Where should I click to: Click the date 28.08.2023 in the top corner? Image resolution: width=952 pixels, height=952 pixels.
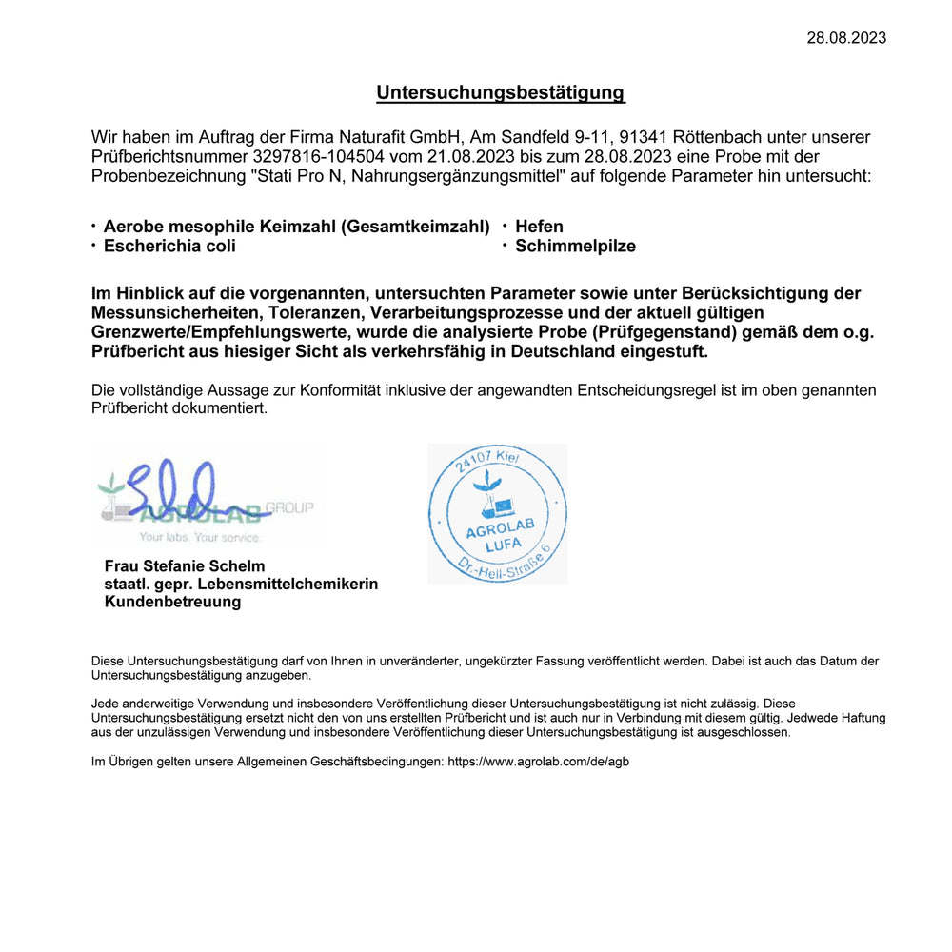[x=846, y=38]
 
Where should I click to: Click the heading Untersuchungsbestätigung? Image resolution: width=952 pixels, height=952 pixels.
[x=500, y=92]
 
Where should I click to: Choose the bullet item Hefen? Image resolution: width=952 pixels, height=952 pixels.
[x=539, y=227]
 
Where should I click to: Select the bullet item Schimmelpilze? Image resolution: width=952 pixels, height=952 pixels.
[x=575, y=247]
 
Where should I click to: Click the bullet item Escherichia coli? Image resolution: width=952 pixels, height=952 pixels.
[x=169, y=247]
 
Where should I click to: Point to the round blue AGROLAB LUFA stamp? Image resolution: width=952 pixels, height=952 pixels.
[x=497, y=514]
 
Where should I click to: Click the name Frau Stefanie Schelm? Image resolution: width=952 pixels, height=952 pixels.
[x=185, y=566]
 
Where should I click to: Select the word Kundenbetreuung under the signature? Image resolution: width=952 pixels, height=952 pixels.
[x=172, y=602]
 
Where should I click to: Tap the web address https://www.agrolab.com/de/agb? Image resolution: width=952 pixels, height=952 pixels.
[x=538, y=762]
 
